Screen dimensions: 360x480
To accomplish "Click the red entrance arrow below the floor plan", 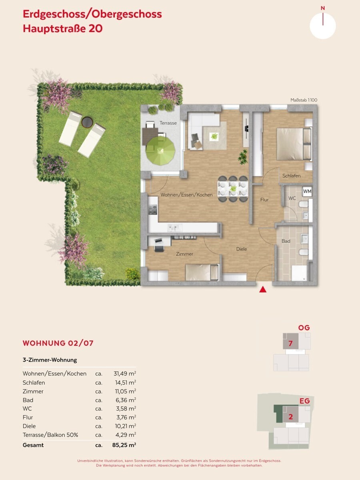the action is tap(263, 290).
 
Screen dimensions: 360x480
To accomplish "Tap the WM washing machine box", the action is tap(307, 191).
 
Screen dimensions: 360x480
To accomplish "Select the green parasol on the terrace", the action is tap(161, 151).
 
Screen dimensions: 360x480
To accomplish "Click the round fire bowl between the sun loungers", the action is tap(87, 122).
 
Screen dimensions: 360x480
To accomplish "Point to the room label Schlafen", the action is tap(291, 176).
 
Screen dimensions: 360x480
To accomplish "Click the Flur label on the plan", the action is tap(264, 200).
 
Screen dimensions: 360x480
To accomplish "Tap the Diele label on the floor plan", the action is tap(242, 249).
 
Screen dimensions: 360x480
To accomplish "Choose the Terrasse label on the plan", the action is tap(168, 123).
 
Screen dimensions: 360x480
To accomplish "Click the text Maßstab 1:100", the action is tap(304, 100).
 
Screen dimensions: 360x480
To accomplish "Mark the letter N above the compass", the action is tap(323, 8).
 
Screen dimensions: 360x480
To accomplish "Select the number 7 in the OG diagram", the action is tap(290, 344).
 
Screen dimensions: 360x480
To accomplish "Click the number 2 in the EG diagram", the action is tap(290, 417).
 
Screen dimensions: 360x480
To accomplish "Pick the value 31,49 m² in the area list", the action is tap(125, 374).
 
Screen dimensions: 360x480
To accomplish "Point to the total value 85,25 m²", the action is tap(124, 445).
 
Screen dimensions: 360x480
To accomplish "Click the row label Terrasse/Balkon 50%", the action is tap(50, 435).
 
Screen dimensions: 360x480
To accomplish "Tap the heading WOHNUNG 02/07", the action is tap(58, 343).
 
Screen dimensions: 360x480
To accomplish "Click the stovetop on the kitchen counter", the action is tap(153, 210).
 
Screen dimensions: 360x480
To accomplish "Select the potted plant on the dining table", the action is tap(233, 188).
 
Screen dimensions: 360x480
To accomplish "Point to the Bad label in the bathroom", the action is tap(286, 241).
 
